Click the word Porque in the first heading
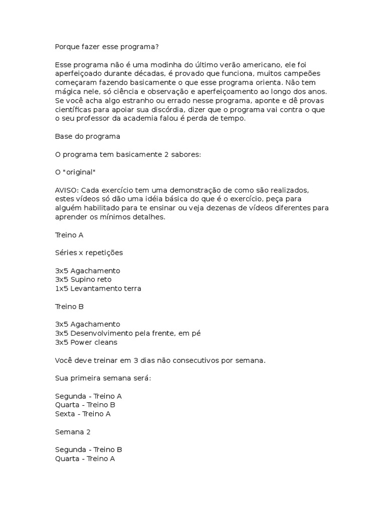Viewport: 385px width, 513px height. (x=68, y=47)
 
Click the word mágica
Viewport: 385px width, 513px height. (x=68, y=92)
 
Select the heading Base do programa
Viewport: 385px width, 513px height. (x=87, y=136)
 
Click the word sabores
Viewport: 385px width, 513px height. (x=185, y=154)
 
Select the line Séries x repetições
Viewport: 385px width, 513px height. (x=89, y=252)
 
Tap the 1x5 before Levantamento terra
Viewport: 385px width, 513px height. (x=62, y=289)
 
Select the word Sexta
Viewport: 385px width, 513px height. (x=65, y=414)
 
